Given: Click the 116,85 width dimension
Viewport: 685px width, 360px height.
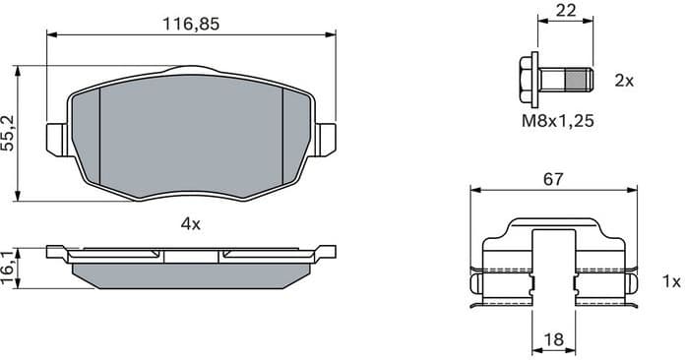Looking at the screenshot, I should [x=191, y=24].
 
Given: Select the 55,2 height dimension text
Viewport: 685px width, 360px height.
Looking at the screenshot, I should [x=10, y=132].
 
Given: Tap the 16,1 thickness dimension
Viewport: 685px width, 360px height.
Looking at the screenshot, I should [x=10, y=267].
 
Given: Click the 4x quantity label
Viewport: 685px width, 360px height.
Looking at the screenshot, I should [x=191, y=224].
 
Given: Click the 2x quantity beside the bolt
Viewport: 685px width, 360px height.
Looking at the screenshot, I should [x=623, y=81].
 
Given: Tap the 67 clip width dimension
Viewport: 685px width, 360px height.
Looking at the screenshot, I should [x=553, y=179].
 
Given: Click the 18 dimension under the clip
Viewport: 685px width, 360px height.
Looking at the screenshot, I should [x=553, y=339].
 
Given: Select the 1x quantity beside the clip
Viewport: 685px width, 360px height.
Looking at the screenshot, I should [x=671, y=282].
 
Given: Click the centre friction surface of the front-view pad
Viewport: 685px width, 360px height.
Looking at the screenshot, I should [x=191, y=133].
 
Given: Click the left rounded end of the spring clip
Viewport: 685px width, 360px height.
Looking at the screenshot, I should [x=477, y=284].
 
